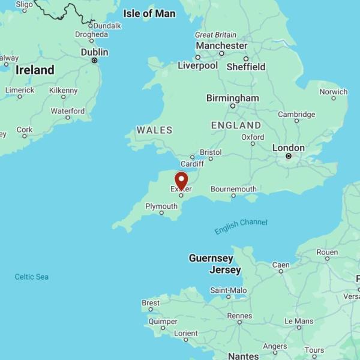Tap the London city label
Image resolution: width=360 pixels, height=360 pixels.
(x=289, y=148)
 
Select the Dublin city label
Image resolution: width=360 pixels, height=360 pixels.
(x=94, y=52)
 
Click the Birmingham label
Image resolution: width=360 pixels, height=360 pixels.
(x=233, y=98)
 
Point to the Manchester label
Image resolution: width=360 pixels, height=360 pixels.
(x=221, y=46)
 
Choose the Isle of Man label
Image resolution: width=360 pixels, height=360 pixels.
(x=149, y=13)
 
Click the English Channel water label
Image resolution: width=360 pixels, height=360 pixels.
(x=241, y=226)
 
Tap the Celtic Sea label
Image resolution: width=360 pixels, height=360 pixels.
(x=32, y=277)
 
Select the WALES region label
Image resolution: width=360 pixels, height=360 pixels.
(x=154, y=130)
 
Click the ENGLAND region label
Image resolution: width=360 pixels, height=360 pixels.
(x=236, y=125)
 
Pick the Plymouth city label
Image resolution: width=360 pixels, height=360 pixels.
(x=161, y=206)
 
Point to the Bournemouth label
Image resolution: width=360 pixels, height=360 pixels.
(x=233, y=189)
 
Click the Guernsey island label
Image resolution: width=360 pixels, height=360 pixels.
(x=211, y=258)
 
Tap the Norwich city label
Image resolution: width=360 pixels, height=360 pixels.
(x=333, y=92)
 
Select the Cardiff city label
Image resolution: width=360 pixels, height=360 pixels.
(x=192, y=164)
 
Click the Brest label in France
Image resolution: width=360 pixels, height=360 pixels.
(x=151, y=303)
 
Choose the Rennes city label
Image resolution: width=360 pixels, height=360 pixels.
(x=239, y=316)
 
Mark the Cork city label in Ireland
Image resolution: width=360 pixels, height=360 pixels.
(x=25, y=130)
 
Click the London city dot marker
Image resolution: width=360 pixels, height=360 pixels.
(x=289, y=157)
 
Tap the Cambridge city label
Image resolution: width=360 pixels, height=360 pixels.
(x=296, y=114)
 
